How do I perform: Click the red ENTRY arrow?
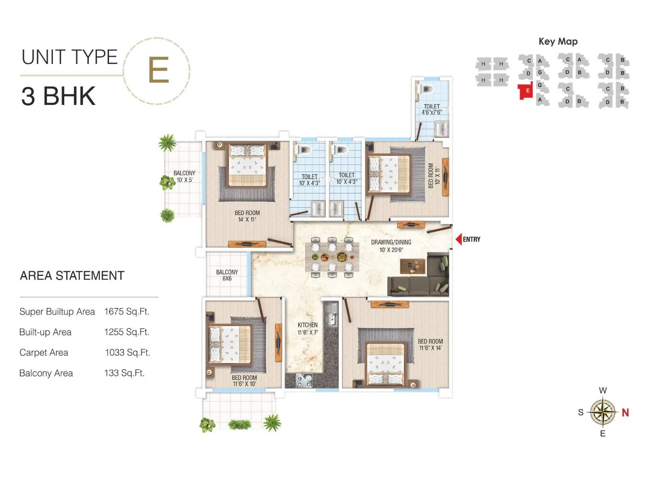458,239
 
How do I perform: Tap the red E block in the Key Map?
526,91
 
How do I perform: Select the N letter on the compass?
625,413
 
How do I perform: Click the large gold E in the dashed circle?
158,70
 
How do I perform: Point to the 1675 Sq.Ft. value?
127,311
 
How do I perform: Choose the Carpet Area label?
44,353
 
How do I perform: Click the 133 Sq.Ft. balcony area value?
124,373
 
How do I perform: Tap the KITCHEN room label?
307,328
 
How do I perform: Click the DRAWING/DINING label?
391,246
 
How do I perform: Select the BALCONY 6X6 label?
227,275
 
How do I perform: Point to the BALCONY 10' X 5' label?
184,177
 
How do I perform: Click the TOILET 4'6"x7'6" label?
432,109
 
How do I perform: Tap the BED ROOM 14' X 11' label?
247,216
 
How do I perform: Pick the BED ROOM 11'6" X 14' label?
430,345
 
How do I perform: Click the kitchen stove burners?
304,380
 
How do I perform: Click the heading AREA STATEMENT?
72,276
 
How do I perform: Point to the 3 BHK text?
58,96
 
